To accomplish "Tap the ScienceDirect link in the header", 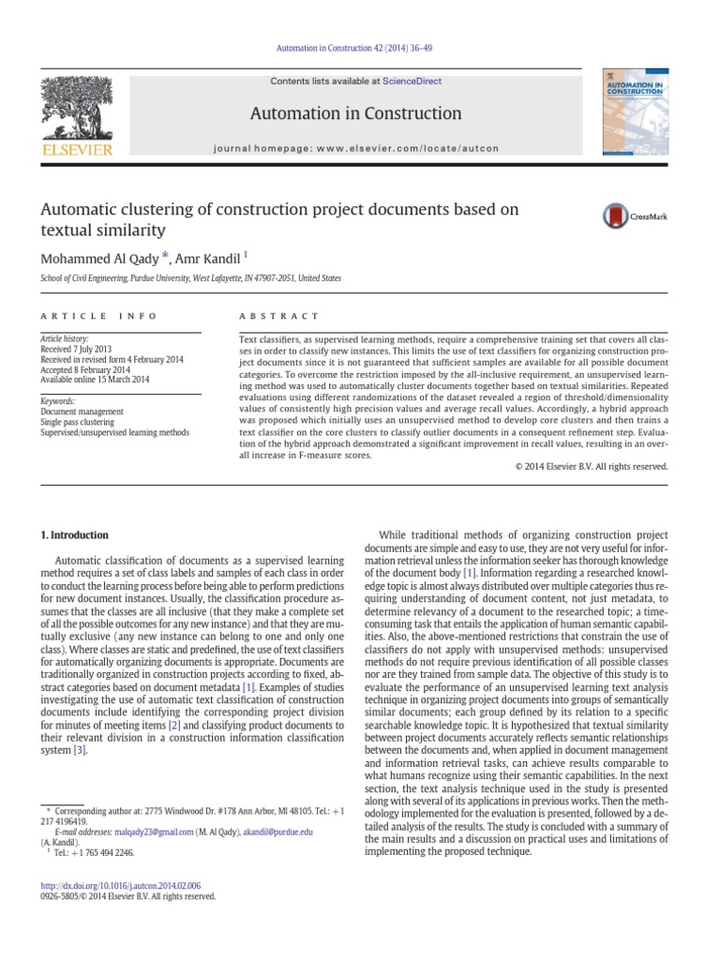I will click(412, 82).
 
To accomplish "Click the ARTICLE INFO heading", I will click(98, 316).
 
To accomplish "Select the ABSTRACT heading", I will click(280, 316).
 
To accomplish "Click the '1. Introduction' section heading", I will click(74, 535).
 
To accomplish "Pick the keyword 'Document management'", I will click(82, 412).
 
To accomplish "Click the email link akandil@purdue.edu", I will click(277, 832).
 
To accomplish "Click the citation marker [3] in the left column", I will click(80, 776).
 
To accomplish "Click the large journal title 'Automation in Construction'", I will click(355, 113).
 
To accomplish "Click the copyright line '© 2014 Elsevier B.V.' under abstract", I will click(592, 466).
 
